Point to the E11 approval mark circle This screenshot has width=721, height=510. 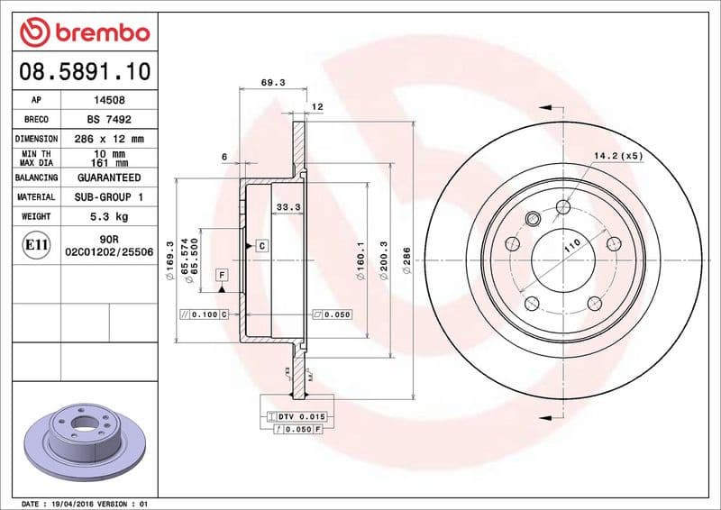(x=36, y=244)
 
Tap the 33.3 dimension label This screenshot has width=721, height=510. (x=287, y=207)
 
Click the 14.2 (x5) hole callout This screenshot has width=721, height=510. (x=617, y=156)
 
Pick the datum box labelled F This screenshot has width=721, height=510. (x=222, y=273)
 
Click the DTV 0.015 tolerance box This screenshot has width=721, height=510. (x=301, y=415)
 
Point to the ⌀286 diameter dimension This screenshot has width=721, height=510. (x=406, y=260)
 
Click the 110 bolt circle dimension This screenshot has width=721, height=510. (x=570, y=244)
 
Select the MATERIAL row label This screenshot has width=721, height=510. (x=36, y=196)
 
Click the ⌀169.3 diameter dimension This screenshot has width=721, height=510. (x=170, y=268)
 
